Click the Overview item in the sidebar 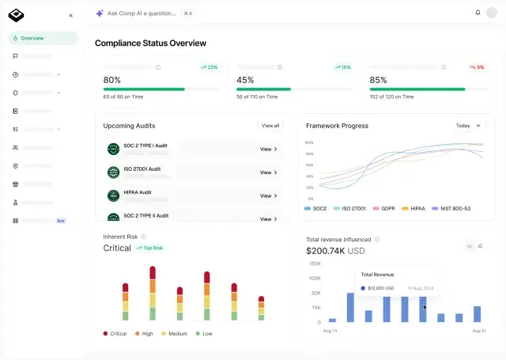32,38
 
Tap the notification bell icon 478,13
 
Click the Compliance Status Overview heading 150,43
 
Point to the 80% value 112,80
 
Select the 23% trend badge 210,67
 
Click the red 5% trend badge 477,67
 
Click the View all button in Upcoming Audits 270,126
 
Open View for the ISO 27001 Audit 268,172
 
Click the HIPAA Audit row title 138,191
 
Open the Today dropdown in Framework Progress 468,126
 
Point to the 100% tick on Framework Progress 309,142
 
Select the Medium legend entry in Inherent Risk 177,333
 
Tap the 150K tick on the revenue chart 314,263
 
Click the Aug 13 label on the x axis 330,330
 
